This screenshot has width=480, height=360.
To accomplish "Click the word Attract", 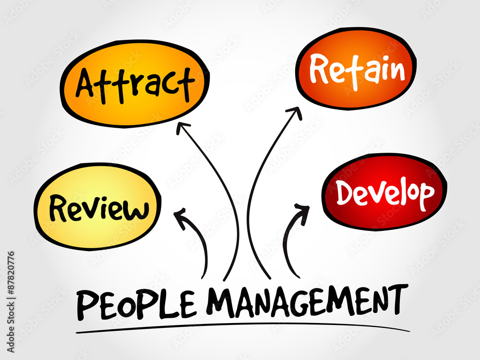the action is point(135,85).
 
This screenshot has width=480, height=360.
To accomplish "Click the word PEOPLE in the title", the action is point(136,304).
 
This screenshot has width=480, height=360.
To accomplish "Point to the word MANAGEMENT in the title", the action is point(307,301).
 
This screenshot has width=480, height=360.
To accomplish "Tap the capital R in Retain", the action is point(319,68).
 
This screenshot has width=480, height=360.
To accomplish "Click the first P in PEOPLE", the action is point(86,305).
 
